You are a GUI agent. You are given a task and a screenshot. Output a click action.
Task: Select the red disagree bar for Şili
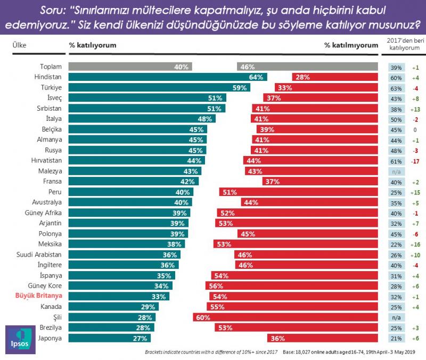click(285, 317)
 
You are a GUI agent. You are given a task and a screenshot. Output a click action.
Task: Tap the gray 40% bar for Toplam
click(130, 67)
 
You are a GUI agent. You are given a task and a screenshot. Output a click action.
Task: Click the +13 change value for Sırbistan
click(416, 108)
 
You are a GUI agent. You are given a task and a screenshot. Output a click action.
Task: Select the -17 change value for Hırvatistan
click(416, 160)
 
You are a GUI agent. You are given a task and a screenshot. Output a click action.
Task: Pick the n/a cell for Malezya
click(396, 171)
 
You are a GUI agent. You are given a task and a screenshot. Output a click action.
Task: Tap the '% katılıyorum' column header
click(93, 46)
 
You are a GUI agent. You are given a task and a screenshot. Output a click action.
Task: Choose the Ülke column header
click(20, 46)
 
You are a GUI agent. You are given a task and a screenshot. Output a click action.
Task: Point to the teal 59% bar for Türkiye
click(160, 87)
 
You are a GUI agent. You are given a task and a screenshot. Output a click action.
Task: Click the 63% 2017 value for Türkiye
click(396, 87)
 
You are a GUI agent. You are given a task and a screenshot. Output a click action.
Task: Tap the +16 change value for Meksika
click(416, 244)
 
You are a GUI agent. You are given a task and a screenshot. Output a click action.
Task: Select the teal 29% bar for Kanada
click(112, 307)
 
